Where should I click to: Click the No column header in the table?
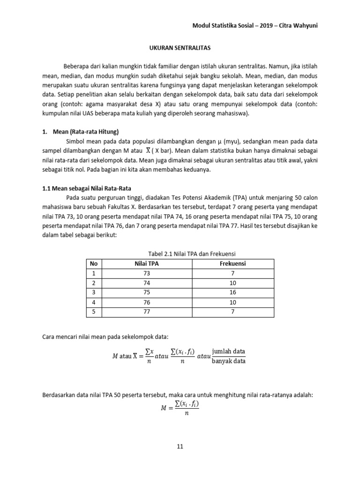pyautogui.click(x=93, y=264)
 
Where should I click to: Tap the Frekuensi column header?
pyautogui.click(x=232, y=264)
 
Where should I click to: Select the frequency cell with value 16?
pyautogui.click(x=232, y=292)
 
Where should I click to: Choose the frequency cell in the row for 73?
pyautogui.click(x=232, y=273)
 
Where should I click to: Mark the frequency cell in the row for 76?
pyautogui.click(x=232, y=301)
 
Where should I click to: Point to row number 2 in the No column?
pyautogui.click(x=93, y=283)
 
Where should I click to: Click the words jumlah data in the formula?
pyautogui.click(x=228, y=352)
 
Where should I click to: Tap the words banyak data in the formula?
pyautogui.click(x=228, y=361)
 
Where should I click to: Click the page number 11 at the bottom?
pyautogui.click(x=180, y=446)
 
